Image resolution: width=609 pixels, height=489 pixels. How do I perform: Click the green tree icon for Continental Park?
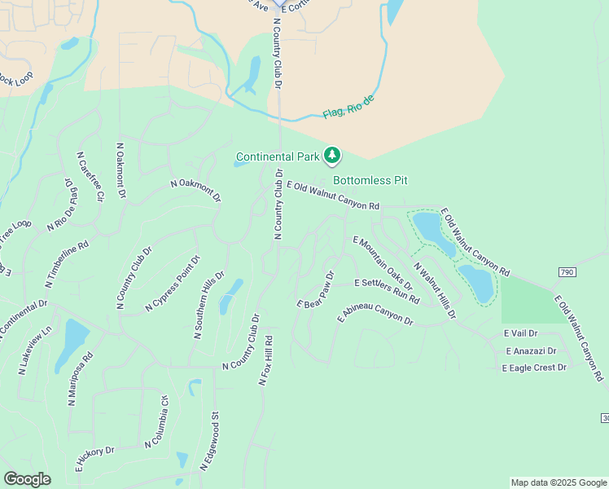tap(331, 155)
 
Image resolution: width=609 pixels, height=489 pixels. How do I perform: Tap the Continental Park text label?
tap(278, 156)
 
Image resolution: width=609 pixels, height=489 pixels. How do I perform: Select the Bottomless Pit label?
tap(370, 180)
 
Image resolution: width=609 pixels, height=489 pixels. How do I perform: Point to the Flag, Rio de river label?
tap(348, 107)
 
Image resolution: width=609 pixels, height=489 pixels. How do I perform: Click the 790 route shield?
tap(567, 271)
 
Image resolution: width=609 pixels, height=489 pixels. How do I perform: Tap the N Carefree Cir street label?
tap(90, 175)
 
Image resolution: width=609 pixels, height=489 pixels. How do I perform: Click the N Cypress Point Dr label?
tap(172, 283)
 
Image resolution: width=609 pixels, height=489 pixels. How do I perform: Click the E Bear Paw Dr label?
tap(316, 289)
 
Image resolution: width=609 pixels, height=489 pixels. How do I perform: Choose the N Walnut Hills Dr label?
tap(434, 289)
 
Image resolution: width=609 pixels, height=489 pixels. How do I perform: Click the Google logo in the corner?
tap(27, 479)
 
